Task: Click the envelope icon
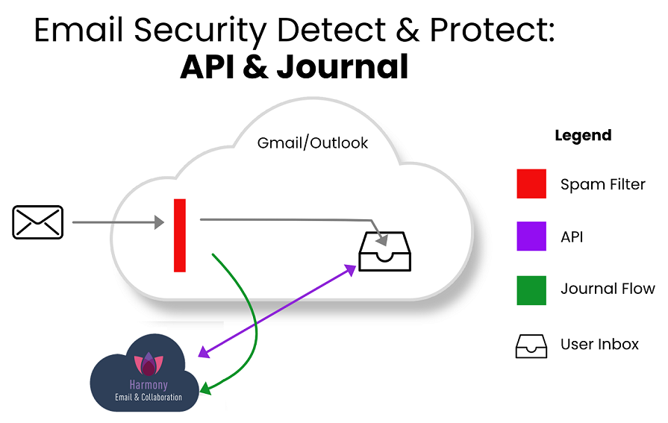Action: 38,222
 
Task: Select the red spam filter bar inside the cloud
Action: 180,235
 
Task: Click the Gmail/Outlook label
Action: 312,143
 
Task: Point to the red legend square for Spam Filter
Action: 531,184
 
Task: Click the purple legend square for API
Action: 531,237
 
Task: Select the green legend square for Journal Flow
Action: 531,289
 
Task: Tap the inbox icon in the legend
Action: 531,345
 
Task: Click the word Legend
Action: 583,136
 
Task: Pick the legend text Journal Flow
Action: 608,289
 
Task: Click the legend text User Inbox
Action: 599,345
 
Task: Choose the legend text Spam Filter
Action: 602,184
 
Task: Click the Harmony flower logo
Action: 148,363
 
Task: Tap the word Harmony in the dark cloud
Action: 148,386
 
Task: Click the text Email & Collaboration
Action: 148,398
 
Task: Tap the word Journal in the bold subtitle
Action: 342,66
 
